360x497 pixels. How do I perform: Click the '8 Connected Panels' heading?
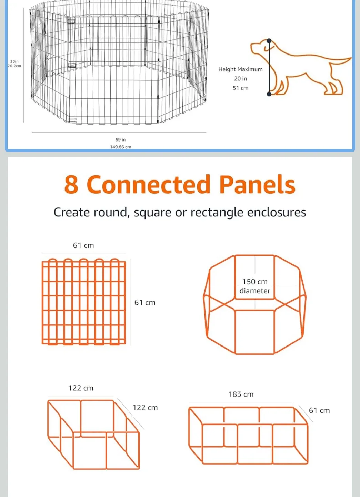(180, 184)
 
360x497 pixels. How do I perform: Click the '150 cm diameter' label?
(255, 286)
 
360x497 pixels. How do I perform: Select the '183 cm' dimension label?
(241, 394)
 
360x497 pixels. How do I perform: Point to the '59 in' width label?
(120, 140)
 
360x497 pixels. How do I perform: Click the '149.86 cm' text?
(120, 147)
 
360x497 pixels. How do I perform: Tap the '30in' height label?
(14, 61)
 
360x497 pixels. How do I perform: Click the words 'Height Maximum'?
(240, 69)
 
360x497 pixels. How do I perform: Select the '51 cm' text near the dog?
(240, 88)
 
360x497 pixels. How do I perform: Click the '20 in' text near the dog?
(240, 79)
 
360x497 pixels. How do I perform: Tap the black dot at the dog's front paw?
(269, 94)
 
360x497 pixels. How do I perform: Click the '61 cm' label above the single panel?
(83, 245)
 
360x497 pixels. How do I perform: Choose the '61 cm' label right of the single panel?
(145, 303)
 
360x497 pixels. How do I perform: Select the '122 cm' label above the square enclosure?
(81, 388)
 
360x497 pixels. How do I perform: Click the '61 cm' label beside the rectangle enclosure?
(319, 410)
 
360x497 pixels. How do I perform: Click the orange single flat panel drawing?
(83, 302)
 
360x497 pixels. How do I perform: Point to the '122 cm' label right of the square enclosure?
(145, 408)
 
